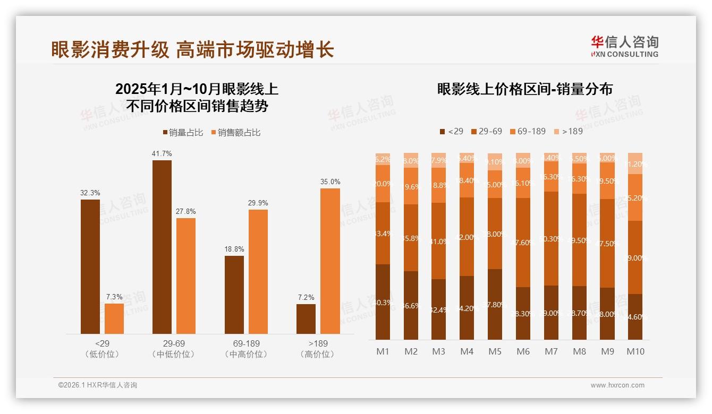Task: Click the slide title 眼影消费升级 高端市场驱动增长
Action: tap(192, 49)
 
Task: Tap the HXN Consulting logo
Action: tap(624, 46)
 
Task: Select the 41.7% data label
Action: tap(162, 153)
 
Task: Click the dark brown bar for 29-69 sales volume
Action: tap(162, 247)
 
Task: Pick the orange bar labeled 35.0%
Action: tap(330, 261)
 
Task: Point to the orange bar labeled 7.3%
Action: tap(114, 318)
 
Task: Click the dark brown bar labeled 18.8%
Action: tap(234, 295)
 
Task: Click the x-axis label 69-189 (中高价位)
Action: tap(246, 349)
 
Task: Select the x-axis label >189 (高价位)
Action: tap(317, 349)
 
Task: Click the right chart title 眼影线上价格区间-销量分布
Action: tap(524, 89)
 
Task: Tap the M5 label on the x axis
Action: tap(495, 351)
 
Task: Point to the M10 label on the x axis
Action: tap(635, 351)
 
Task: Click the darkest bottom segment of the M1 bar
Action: tap(383, 302)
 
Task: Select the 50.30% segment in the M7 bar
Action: tap(551, 238)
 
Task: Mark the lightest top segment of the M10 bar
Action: tap(635, 163)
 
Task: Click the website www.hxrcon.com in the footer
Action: tap(617, 385)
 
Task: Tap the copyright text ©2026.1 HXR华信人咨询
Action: tap(98, 385)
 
